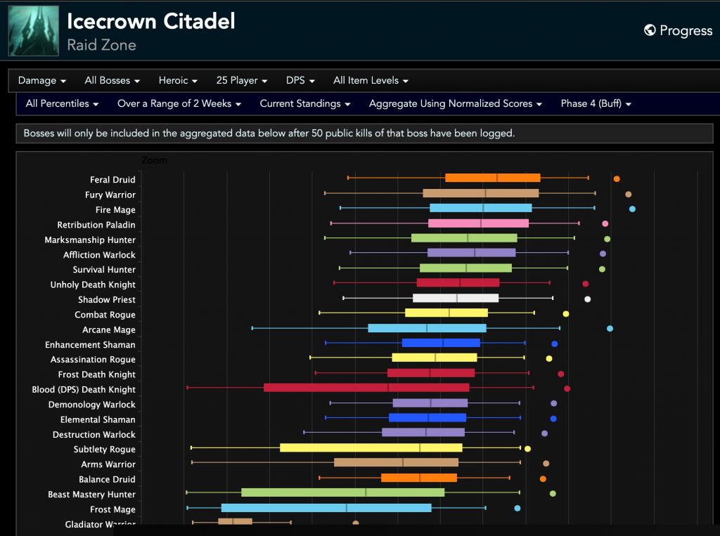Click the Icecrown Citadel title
coord(150,21)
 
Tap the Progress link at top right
coord(679,30)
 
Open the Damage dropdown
coord(42,81)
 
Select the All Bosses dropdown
coord(112,81)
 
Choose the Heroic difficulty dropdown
coord(178,81)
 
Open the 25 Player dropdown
coord(242,81)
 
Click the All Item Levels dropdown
coord(371,81)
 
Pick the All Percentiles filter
coord(62,103)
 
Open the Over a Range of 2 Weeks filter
coord(179,103)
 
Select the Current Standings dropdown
coord(305,103)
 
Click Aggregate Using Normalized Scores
coord(456,103)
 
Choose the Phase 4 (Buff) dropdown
coord(596,103)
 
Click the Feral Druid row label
coord(112,180)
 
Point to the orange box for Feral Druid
coord(492,178)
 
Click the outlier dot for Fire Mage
coord(632,209)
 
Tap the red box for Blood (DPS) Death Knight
coord(366,388)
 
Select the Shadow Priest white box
coord(456,298)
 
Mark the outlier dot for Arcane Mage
coord(610,328)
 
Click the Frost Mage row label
coord(112,509)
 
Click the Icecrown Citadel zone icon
coord(33,30)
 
